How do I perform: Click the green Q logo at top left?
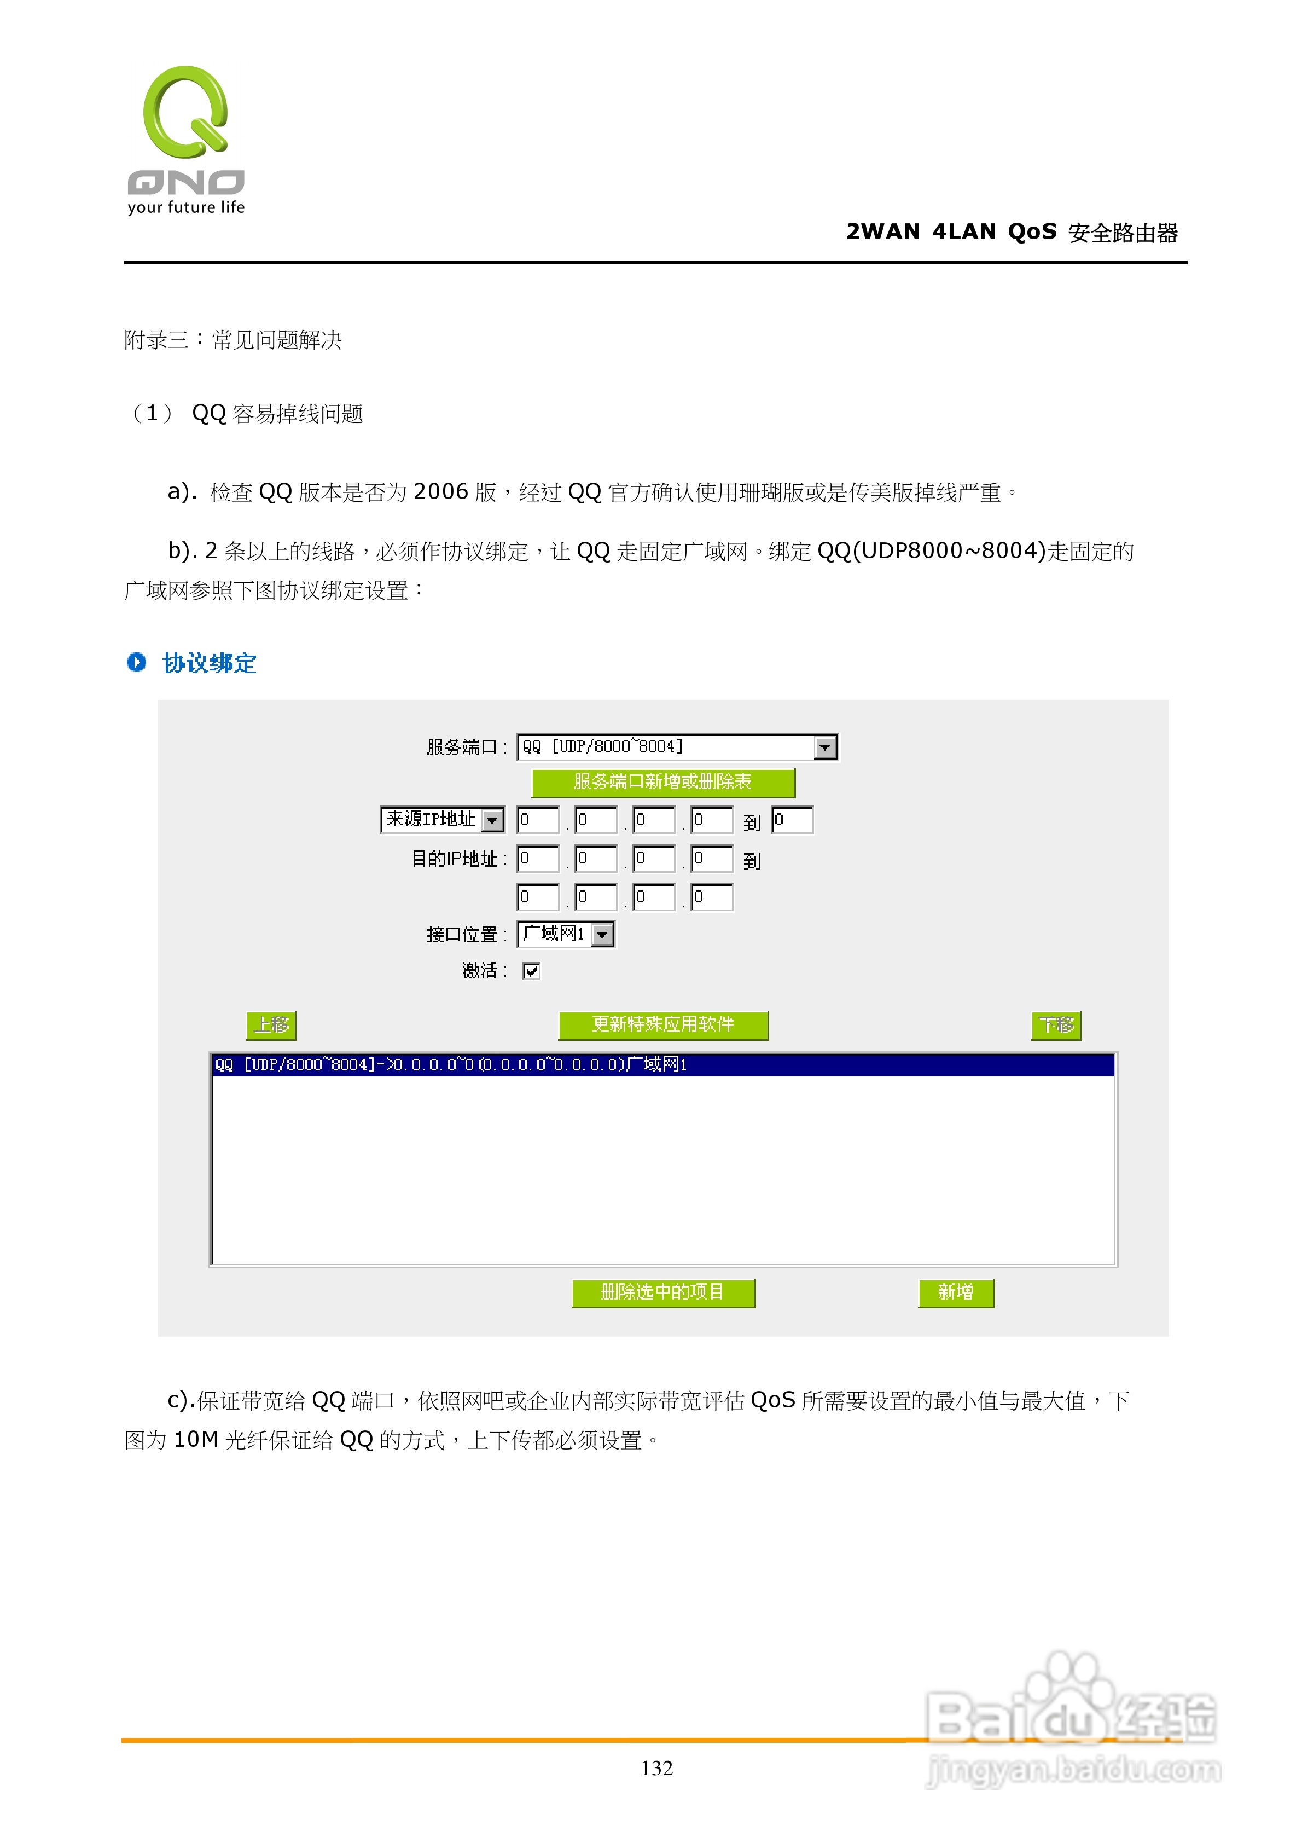(x=186, y=112)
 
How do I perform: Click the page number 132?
(x=656, y=1767)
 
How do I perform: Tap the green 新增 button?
(x=955, y=1291)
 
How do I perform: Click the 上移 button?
(x=271, y=1025)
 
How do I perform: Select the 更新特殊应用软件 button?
(x=663, y=1025)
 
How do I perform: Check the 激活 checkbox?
(x=531, y=970)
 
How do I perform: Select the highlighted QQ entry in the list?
(x=663, y=1064)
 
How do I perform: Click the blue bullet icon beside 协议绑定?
(x=136, y=662)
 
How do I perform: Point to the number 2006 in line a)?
(x=441, y=491)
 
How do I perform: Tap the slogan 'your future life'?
(x=186, y=207)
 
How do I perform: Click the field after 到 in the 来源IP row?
(x=792, y=820)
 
